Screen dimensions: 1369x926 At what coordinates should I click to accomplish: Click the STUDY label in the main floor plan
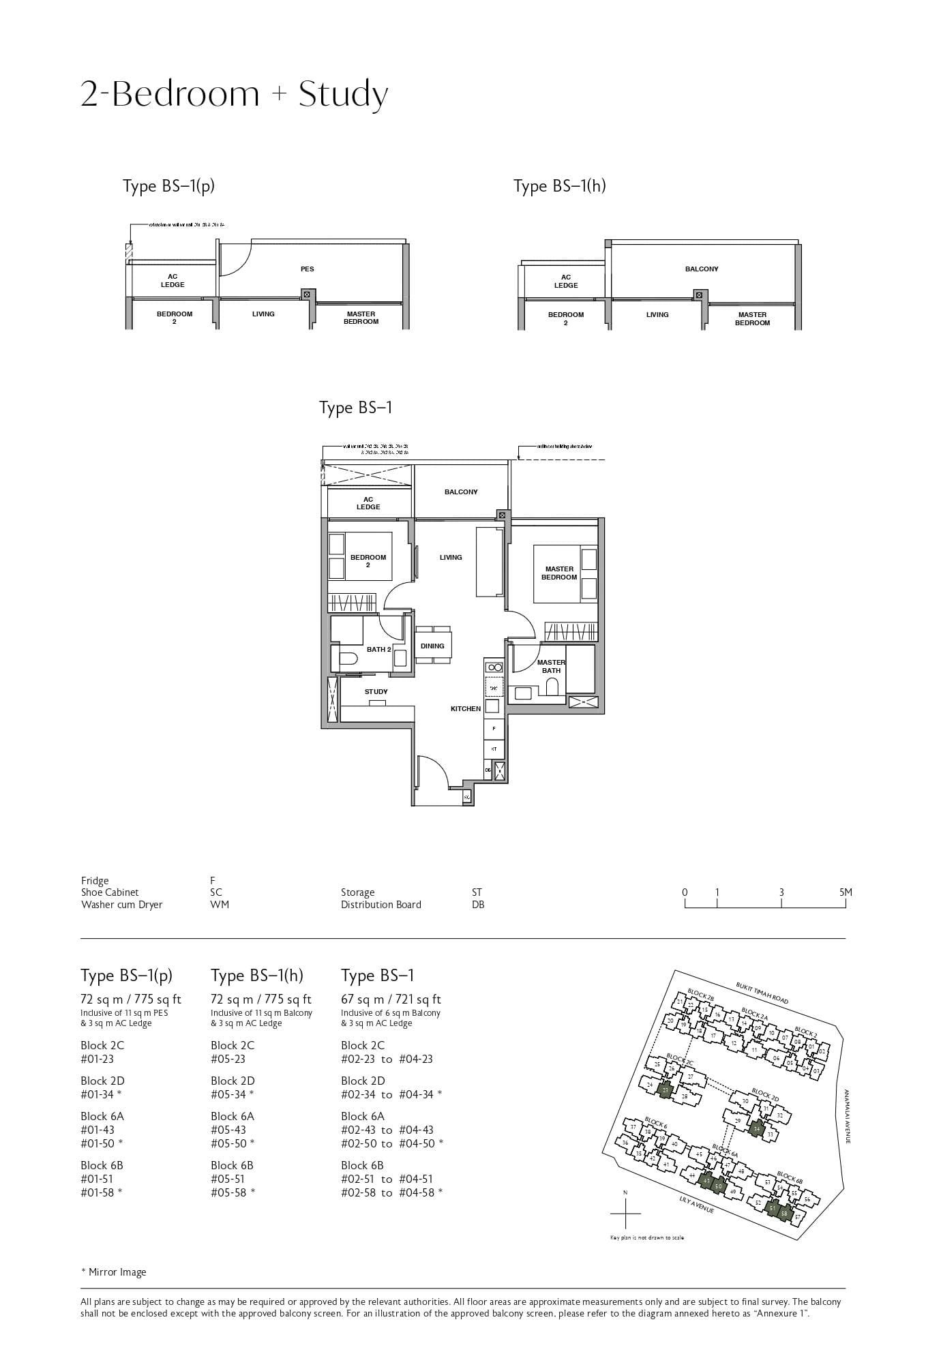click(376, 691)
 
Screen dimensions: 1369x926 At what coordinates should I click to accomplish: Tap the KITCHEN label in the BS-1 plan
click(466, 708)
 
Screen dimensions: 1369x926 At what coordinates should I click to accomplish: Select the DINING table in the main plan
click(432, 645)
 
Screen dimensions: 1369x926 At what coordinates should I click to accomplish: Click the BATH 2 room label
click(378, 649)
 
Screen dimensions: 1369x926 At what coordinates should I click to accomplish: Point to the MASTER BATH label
click(551, 666)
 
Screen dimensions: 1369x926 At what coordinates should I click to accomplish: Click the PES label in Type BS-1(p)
click(308, 269)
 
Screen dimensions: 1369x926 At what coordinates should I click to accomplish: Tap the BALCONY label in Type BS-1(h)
click(702, 269)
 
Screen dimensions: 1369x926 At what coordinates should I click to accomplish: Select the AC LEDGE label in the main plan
click(368, 503)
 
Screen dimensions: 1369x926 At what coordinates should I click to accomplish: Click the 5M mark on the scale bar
click(846, 892)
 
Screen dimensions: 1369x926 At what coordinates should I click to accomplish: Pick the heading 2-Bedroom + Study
click(235, 94)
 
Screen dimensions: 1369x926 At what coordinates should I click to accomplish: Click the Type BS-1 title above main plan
click(356, 408)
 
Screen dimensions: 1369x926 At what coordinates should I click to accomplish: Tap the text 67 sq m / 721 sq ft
click(391, 999)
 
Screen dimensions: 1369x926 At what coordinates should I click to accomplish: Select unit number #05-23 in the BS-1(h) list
click(228, 1059)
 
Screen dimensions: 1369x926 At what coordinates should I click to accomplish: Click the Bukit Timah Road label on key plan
click(762, 993)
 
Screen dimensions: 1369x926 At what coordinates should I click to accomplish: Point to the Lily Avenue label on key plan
click(696, 1205)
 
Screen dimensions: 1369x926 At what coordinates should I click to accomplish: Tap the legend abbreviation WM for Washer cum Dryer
click(220, 905)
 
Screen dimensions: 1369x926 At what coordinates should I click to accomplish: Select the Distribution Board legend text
click(381, 905)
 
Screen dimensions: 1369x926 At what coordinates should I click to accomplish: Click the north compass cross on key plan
click(625, 1214)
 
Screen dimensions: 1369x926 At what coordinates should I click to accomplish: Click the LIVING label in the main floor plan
click(451, 557)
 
